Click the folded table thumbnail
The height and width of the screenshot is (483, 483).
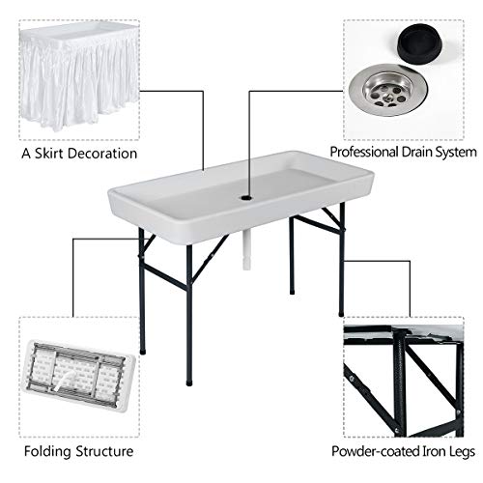(x=76, y=377)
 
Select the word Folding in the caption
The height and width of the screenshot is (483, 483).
(x=45, y=451)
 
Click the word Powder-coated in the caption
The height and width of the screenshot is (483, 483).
(x=373, y=451)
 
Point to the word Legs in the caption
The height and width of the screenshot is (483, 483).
(x=459, y=451)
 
